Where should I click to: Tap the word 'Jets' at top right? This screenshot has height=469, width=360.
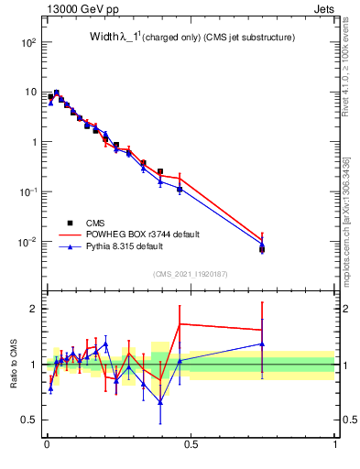323,9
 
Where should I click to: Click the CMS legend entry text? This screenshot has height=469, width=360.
95,222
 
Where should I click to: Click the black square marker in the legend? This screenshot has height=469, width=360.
70,222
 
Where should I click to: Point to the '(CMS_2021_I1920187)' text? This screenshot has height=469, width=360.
190,273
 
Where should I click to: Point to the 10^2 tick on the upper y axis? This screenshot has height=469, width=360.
28,42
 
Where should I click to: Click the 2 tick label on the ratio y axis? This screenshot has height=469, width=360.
34,309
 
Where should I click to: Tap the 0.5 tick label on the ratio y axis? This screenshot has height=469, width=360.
29,420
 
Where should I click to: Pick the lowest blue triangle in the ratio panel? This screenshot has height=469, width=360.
160,401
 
